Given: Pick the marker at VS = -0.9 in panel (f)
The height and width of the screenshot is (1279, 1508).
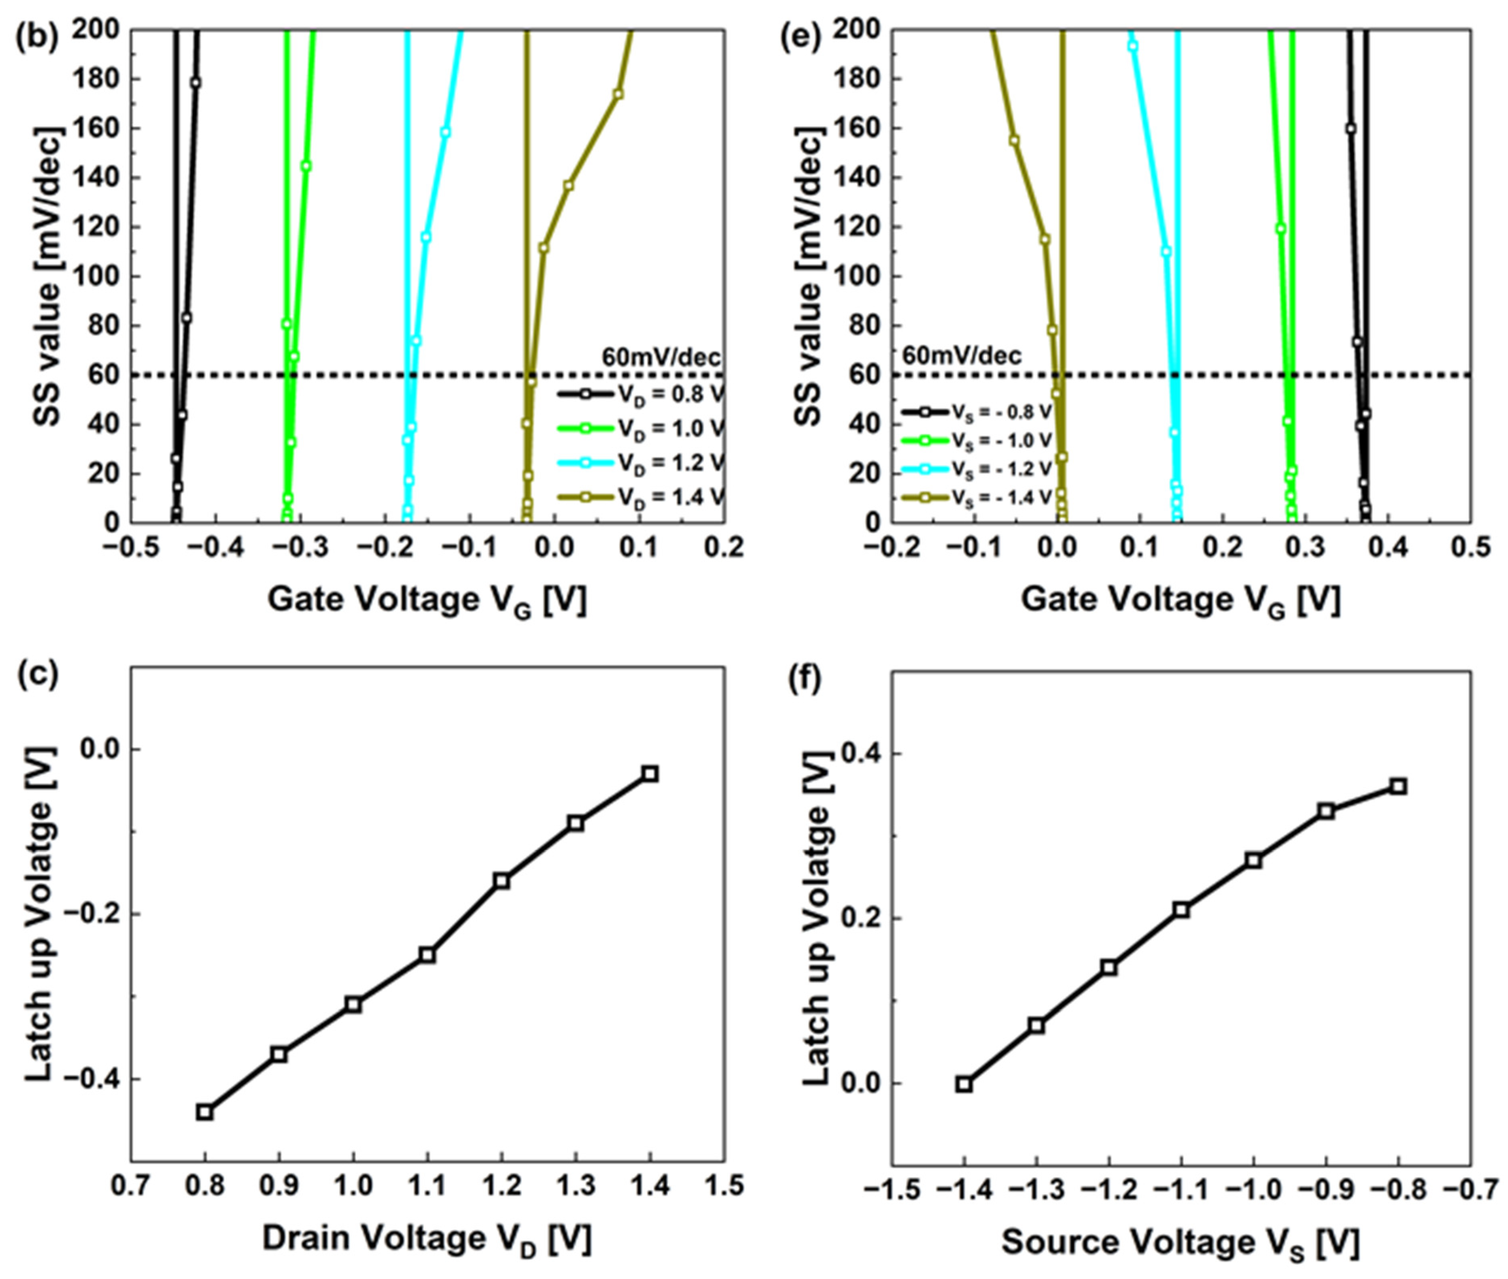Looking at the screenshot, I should point(1326,811).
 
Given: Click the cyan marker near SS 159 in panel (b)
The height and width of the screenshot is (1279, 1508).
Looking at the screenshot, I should point(445,133).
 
